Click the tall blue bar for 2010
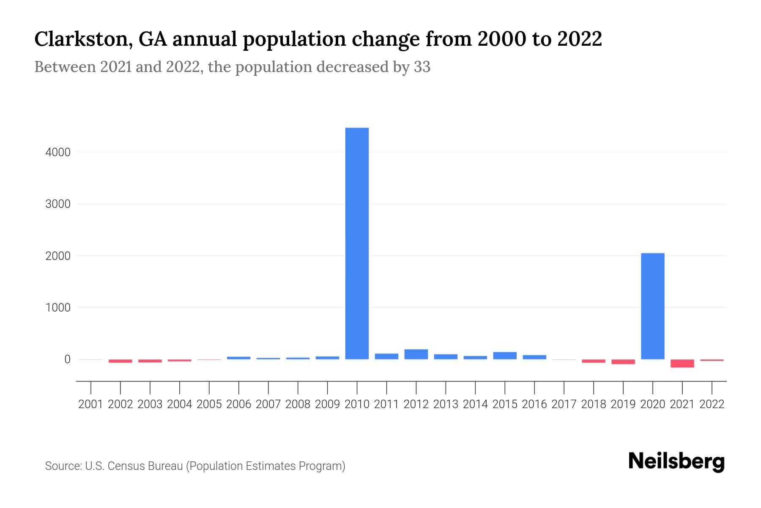click(x=357, y=243)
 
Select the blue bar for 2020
click(x=652, y=306)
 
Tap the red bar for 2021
click(x=682, y=363)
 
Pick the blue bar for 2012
click(x=416, y=354)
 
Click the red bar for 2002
click(x=120, y=361)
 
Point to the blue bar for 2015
click(x=505, y=356)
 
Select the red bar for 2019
click(x=623, y=362)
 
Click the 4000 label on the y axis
click(x=58, y=152)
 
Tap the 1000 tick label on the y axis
click(x=58, y=308)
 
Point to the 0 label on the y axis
click(x=67, y=359)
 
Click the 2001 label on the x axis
click(x=91, y=404)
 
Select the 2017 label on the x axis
click(x=564, y=404)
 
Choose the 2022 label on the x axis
click(x=712, y=404)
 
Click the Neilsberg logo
click(x=676, y=461)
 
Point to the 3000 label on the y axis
click(x=58, y=204)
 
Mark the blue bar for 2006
click(x=238, y=358)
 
